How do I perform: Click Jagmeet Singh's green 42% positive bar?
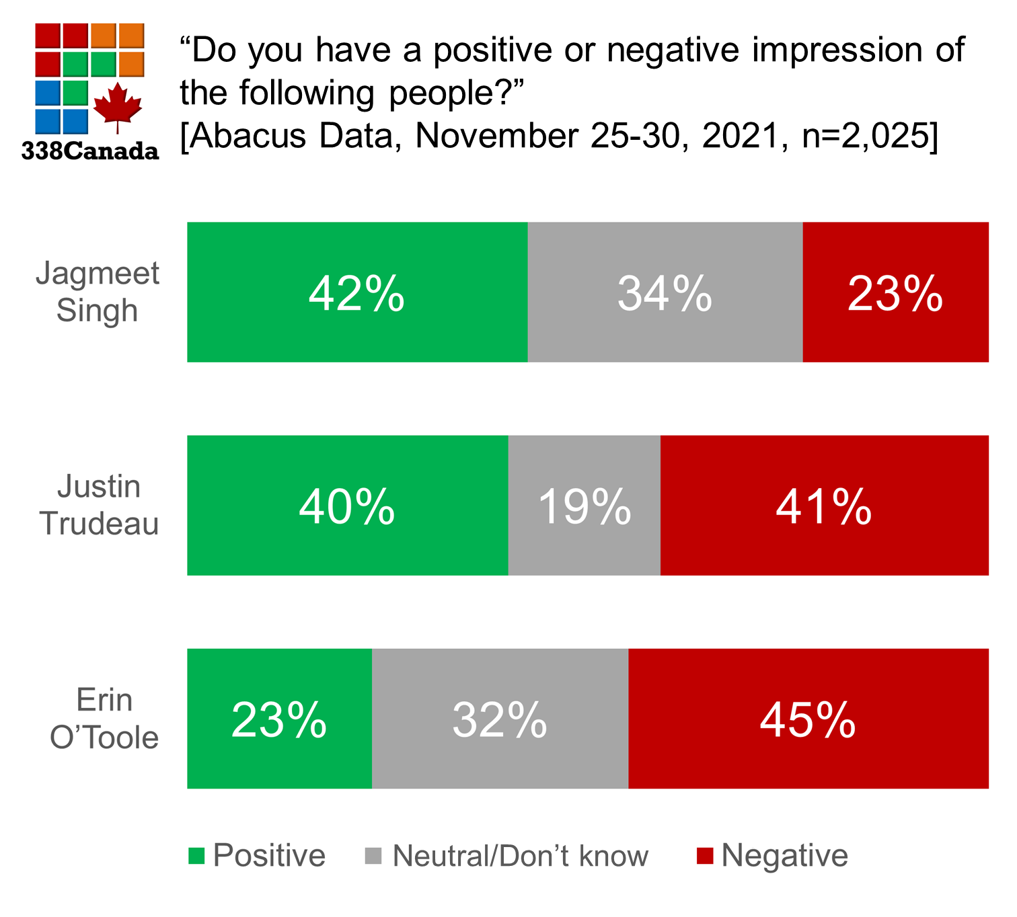[357, 292]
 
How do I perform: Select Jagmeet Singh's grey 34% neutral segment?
[665, 292]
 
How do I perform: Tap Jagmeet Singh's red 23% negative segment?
[895, 292]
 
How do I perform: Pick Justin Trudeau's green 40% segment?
[347, 506]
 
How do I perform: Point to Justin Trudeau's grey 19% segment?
[584, 506]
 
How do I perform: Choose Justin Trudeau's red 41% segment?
[824, 506]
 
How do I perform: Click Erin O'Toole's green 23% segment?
[279, 719]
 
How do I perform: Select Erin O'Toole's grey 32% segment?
[500, 719]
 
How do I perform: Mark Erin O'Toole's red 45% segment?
[808, 719]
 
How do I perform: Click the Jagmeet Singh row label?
[98, 292]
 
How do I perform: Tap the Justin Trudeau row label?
[99, 505]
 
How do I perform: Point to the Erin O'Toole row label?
[104, 719]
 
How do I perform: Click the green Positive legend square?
[196, 856]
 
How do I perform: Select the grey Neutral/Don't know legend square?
[373, 856]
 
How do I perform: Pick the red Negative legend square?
[704, 856]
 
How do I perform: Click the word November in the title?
[496, 136]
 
